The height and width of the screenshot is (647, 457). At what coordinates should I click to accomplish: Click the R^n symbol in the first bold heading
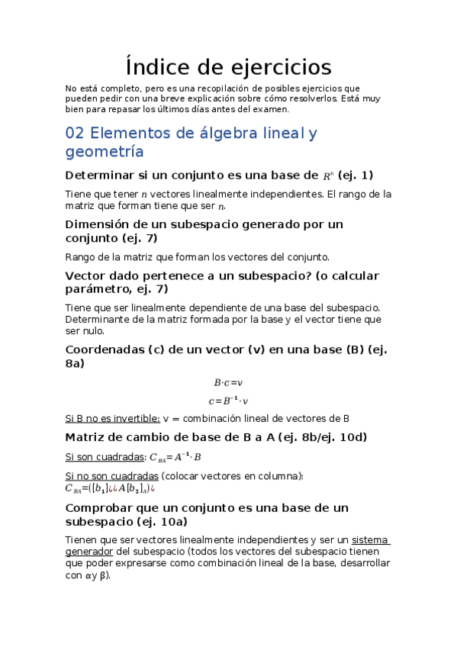[x=327, y=175]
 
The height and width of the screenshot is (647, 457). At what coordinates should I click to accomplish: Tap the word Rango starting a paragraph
[x=81, y=256]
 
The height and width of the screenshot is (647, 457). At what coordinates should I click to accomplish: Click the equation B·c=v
[x=227, y=382]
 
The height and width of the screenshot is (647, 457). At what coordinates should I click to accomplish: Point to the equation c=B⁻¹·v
[x=228, y=400]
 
